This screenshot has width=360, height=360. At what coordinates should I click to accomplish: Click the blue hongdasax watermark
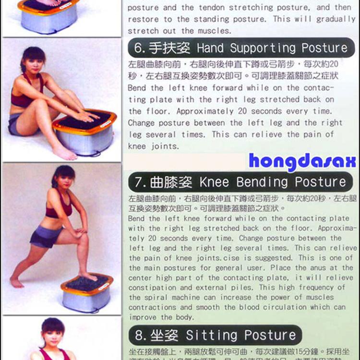point(302,162)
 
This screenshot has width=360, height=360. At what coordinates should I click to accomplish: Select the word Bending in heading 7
point(260,182)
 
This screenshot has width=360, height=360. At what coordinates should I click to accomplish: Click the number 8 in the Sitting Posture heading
point(138,335)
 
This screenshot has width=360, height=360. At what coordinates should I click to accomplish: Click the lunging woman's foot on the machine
point(88,277)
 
